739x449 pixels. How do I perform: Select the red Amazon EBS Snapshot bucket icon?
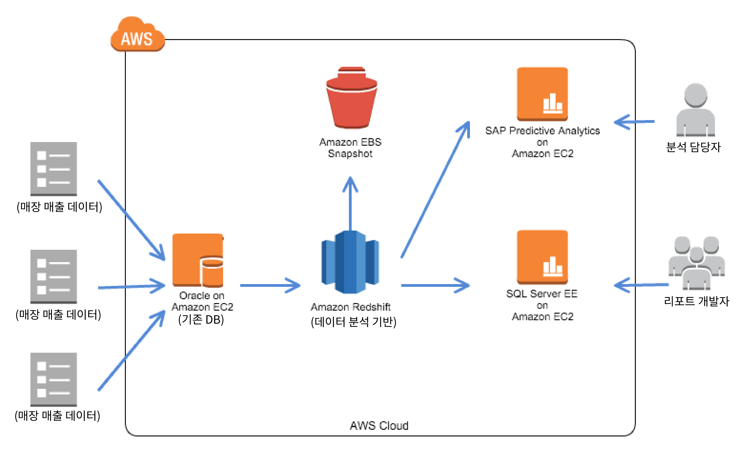click(351, 98)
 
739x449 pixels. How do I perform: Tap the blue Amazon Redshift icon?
click(350, 262)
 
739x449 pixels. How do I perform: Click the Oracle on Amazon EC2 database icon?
click(198, 260)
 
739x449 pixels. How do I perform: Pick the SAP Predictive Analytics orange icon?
click(542, 94)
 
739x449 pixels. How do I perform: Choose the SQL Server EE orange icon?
click(542, 257)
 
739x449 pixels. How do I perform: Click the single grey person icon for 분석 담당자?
click(696, 110)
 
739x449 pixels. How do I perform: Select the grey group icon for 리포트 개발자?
click(696, 263)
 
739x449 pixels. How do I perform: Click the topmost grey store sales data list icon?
click(54, 169)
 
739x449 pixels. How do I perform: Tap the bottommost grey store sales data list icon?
click(54, 379)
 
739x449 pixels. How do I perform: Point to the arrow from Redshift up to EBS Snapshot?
click(350, 203)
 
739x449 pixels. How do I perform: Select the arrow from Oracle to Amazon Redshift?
click(270, 285)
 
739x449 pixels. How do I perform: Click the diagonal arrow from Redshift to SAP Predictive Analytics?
click(435, 189)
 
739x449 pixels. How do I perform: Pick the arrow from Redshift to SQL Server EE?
click(435, 285)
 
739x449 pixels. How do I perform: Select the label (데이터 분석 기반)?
click(354, 322)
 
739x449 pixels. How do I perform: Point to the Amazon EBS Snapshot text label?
click(350, 148)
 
